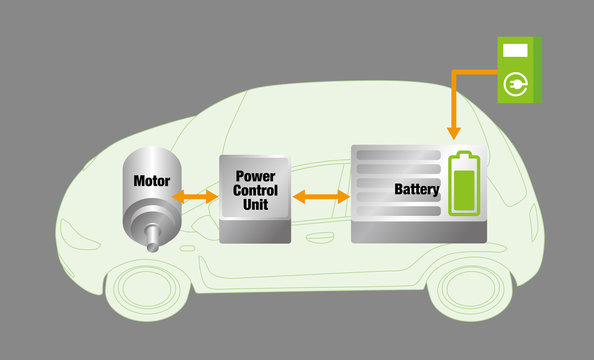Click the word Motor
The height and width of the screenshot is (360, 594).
[x=152, y=182]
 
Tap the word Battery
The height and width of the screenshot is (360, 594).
[x=417, y=188]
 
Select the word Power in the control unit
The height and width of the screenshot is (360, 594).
[x=255, y=176]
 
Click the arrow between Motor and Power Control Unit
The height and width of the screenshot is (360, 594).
[x=195, y=197]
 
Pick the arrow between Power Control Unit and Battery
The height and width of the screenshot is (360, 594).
[x=321, y=197]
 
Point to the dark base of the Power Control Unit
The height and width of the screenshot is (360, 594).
[x=255, y=232]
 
